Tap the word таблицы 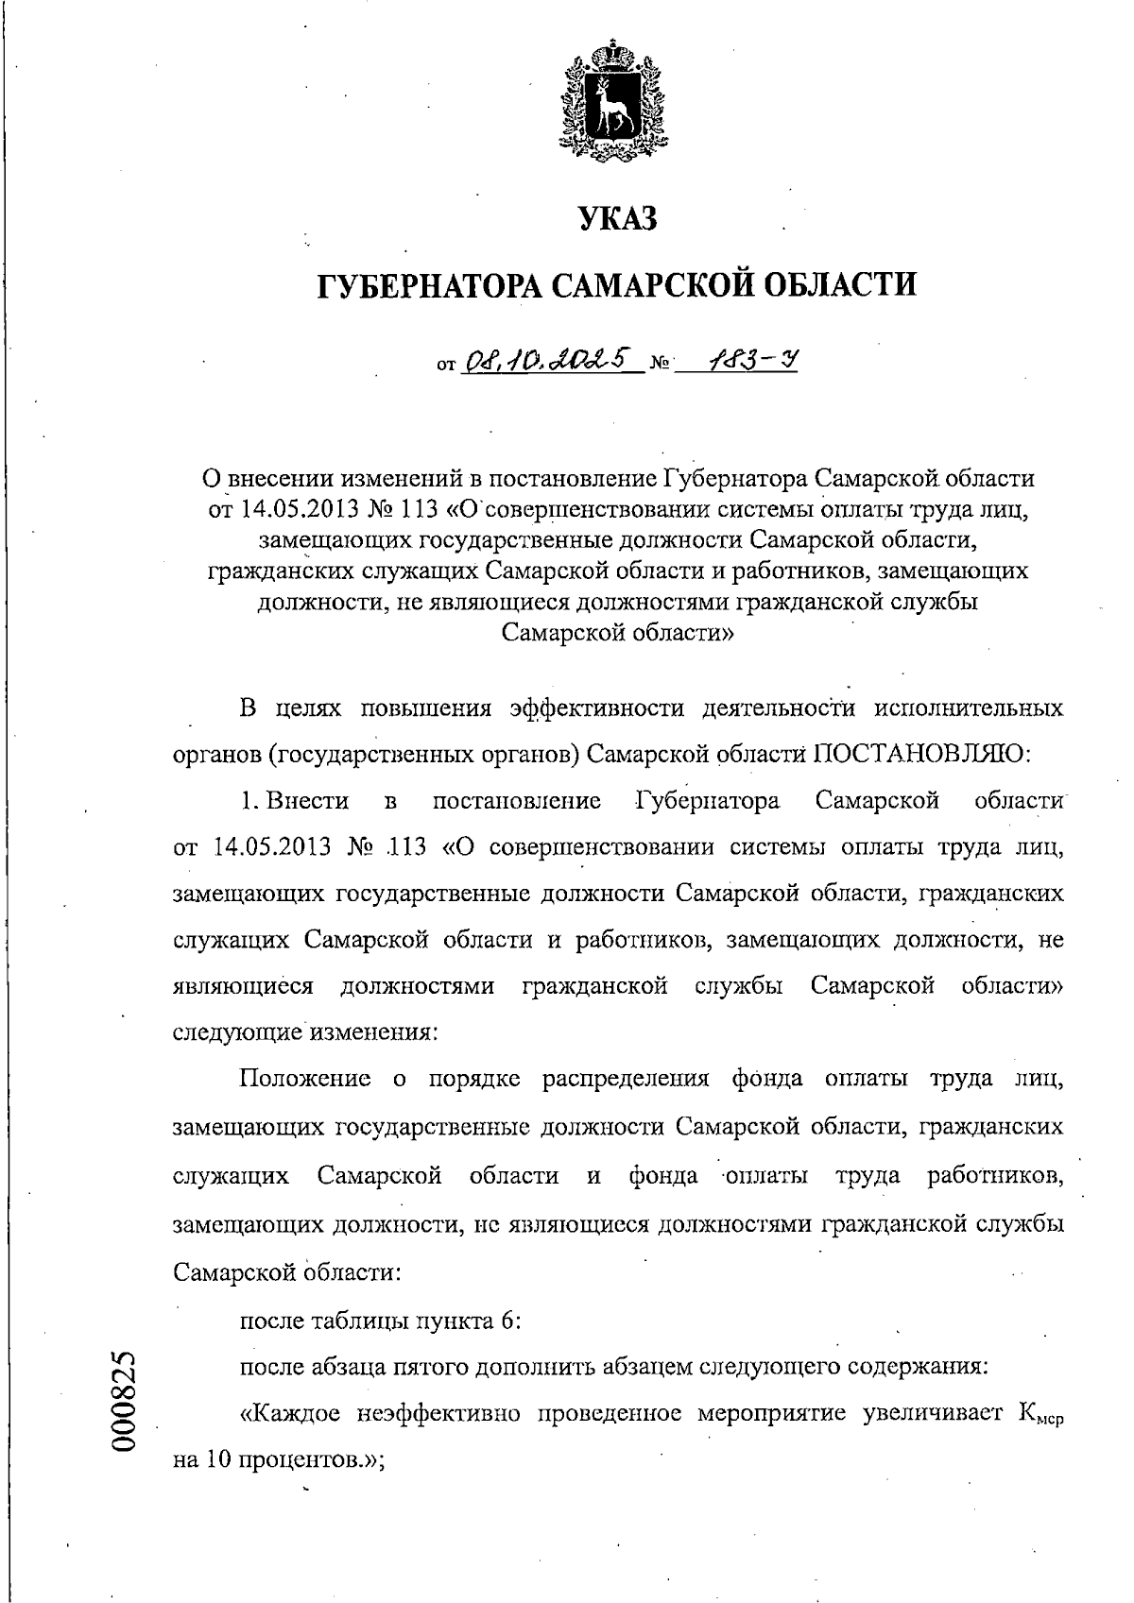click(x=363, y=1321)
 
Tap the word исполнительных click(x=970, y=708)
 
